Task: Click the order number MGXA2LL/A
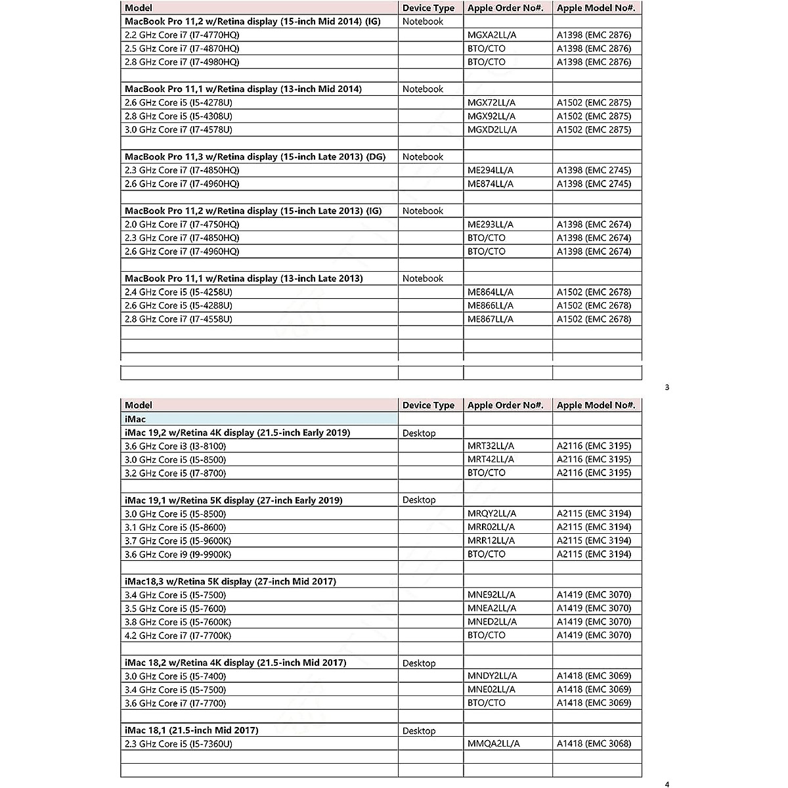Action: (491, 35)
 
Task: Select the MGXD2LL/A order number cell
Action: (492, 129)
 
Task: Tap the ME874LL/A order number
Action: (491, 184)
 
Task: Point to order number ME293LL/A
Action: (491, 225)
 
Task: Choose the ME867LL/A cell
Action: (491, 319)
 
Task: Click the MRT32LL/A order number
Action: (491, 446)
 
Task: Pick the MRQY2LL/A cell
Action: (492, 514)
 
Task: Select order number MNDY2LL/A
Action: (492, 676)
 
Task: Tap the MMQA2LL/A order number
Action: (493, 744)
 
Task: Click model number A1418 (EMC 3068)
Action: (594, 744)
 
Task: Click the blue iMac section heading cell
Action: (260, 419)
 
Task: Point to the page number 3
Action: (667, 387)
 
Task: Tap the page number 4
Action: (667, 784)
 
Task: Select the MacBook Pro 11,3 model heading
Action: (255, 157)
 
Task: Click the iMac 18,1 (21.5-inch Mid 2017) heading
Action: (192, 730)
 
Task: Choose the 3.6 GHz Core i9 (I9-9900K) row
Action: (178, 554)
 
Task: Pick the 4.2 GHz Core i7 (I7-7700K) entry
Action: (178, 636)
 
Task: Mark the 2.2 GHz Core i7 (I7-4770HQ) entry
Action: (182, 35)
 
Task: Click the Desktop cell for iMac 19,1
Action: (419, 500)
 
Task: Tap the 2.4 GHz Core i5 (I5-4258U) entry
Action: (179, 292)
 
